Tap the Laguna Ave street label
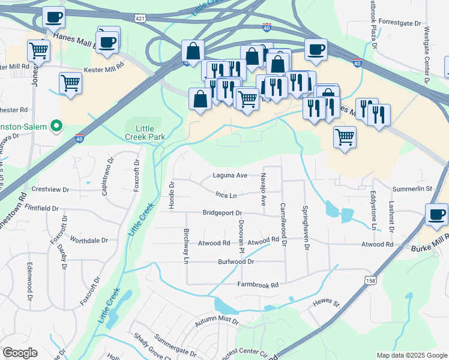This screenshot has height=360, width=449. point(230,176)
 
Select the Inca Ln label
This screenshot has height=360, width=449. point(226,195)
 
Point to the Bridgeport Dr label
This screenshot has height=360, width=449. point(221,213)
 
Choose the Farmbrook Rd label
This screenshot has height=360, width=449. point(258,285)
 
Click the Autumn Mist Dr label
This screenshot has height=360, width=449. point(216,323)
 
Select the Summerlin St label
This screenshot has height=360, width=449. point(412,189)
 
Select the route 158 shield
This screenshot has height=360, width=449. point(370,280)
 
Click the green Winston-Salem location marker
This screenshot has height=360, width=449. point(56,126)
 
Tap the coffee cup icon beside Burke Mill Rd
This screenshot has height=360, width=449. point(436,215)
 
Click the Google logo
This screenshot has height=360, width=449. point(20,353)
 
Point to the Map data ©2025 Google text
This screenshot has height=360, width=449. point(411,355)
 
